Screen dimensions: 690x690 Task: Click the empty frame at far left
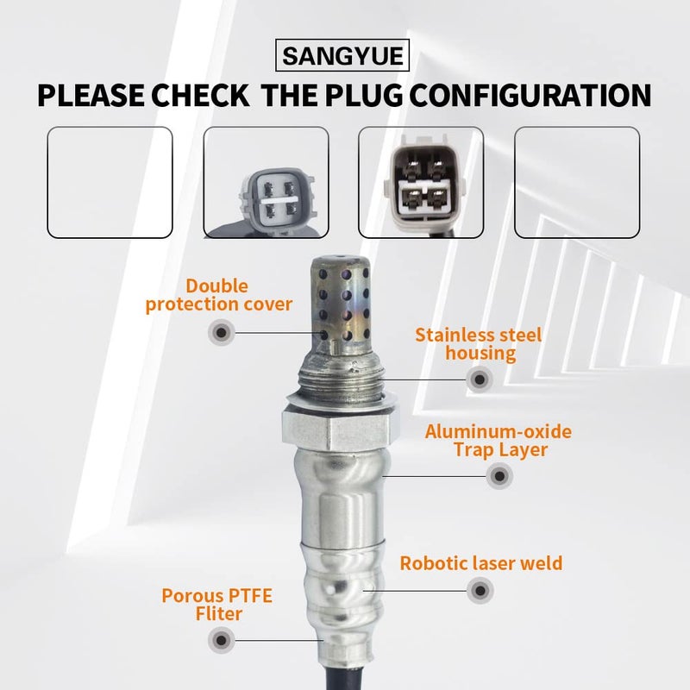click(x=110, y=182)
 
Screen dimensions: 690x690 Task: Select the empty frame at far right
click(x=577, y=182)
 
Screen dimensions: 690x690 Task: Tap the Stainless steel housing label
click(x=478, y=342)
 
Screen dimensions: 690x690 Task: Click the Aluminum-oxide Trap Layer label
click(x=498, y=440)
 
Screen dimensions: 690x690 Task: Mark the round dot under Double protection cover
click(x=222, y=332)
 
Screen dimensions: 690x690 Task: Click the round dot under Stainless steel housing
click(x=480, y=378)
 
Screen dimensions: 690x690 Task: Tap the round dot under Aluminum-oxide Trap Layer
click(x=498, y=475)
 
